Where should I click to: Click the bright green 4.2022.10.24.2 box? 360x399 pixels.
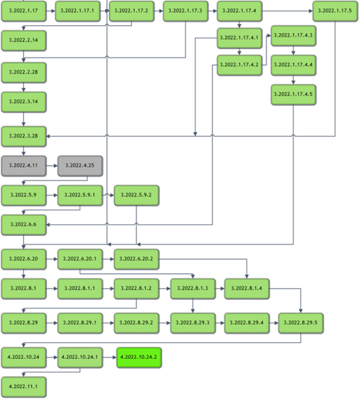click(139, 358)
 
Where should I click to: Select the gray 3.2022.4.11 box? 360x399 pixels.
click(24, 166)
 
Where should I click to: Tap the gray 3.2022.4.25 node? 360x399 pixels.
click(80, 166)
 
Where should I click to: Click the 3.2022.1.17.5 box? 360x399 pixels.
click(335, 11)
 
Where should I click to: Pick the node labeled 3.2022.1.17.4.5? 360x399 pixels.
click(293, 94)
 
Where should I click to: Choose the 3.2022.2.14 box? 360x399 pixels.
click(24, 41)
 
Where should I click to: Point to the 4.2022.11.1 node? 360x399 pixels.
click(24, 387)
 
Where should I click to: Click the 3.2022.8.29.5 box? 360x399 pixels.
click(301, 323)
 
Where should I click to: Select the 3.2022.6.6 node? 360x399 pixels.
click(24, 225)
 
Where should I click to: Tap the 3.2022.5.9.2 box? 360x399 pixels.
click(136, 195)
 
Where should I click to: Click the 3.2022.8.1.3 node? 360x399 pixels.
click(193, 289)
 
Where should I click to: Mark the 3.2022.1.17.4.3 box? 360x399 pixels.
click(293, 36)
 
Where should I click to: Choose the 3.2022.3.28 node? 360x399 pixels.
click(24, 136)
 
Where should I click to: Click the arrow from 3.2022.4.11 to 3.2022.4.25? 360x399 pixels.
click(52, 166)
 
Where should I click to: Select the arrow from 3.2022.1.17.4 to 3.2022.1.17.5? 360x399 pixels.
click(288, 11)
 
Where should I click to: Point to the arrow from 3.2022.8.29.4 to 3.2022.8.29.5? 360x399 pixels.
click(274, 323)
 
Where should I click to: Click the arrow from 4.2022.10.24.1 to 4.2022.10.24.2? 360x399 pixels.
click(110, 358)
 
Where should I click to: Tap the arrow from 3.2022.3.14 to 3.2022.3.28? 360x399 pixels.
click(24, 119)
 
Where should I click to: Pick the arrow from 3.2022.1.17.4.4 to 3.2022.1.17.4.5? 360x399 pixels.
click(293, 80)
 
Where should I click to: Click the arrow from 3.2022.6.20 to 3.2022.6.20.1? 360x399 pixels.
click(52, 259)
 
